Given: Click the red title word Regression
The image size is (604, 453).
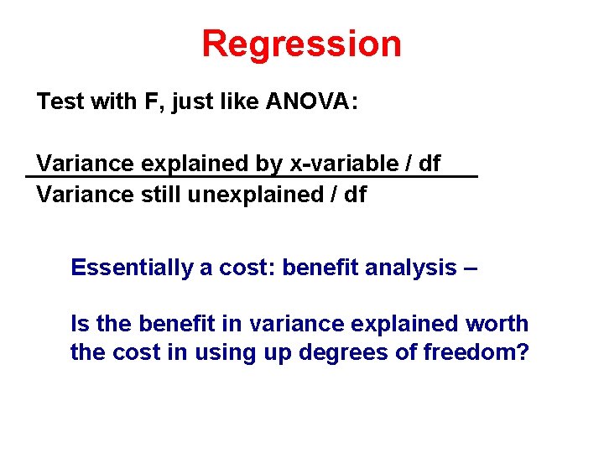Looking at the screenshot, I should tap(301, 44).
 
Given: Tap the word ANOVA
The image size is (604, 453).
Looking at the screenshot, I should tap(311, 102).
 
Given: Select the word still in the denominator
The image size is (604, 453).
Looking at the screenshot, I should tap(160, 195).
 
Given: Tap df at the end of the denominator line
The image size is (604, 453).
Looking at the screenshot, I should tap(356, 195).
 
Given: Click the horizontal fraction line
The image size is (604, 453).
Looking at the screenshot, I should tap(252, 177).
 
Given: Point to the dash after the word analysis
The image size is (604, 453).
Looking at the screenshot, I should tap(471, 268).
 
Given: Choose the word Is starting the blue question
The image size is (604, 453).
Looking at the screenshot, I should tap(79, 324).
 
